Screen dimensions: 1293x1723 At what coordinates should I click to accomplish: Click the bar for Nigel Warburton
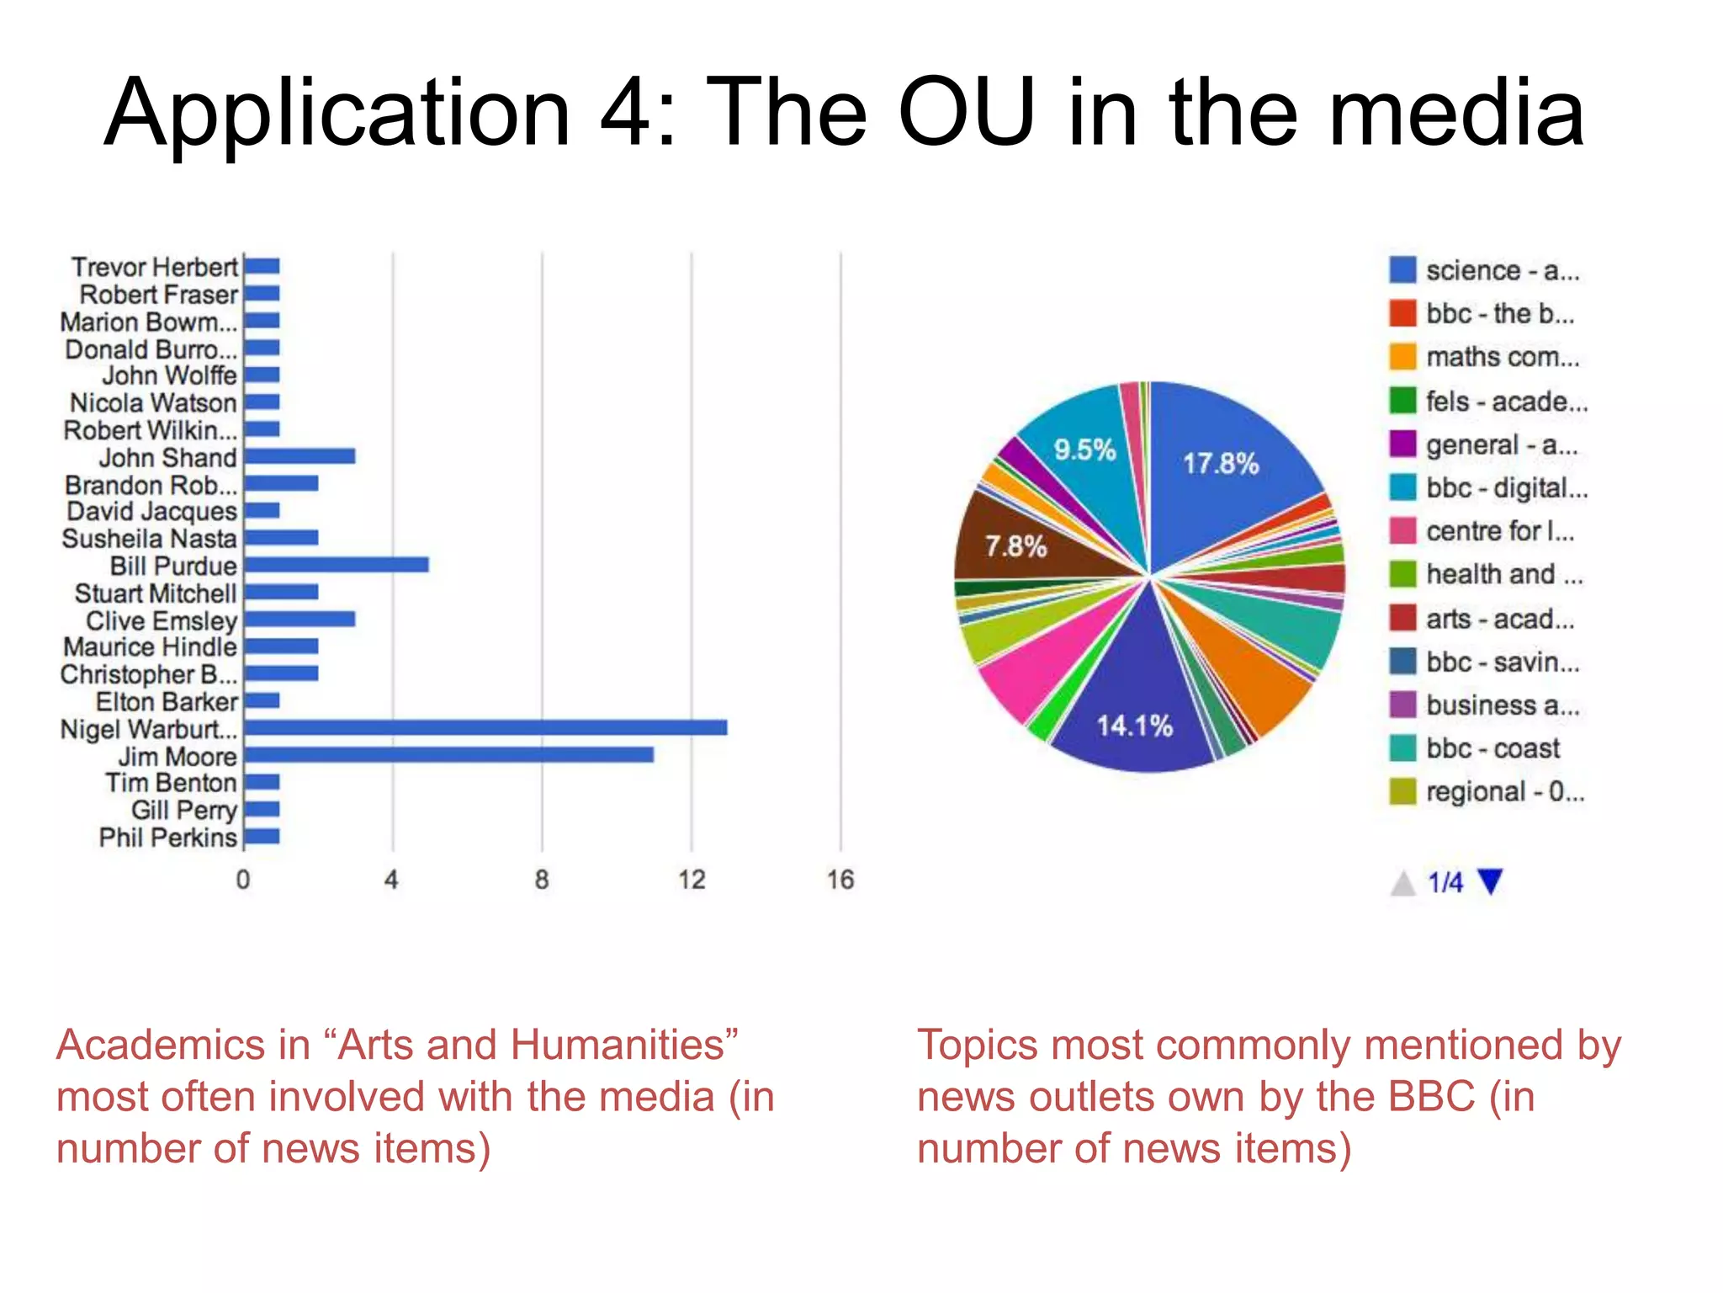(x=485, y=727)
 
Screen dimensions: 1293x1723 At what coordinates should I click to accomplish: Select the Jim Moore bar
(x=448, y=755)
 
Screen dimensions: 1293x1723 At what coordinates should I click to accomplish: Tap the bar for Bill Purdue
(x=336, y=565)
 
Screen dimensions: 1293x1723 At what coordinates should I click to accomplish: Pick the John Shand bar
(x=300, y=456)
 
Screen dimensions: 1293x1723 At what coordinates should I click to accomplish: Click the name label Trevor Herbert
(x=155, y=267)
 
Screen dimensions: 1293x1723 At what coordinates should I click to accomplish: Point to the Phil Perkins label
(x=167, y=838)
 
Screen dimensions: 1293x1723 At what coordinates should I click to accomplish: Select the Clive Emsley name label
(x=162, y=620)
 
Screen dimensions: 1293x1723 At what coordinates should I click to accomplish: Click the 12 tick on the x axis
(x=692, y=881)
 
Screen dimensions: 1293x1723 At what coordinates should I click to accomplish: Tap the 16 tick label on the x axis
(x=840, y=881)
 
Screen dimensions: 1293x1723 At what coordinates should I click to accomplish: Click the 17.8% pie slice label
(x=1221, y=464)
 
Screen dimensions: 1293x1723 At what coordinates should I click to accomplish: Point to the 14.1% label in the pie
(x=1134, y=726)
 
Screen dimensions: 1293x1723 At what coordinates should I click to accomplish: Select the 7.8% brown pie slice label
(x=1015, y=546)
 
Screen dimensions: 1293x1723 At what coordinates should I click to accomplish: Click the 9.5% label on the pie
(x=1084, y=450)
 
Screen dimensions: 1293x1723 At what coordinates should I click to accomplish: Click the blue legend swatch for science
(x=1402, y=270)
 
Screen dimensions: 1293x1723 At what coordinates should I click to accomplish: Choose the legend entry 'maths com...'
(x=1503, y=357)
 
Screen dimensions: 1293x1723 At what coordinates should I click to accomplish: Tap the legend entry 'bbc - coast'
(x=1492, y=748)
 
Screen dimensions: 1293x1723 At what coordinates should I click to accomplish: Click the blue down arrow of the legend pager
(x=1490, y=881)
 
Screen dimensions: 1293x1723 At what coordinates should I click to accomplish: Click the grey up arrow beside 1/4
(x=1402, y=884)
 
